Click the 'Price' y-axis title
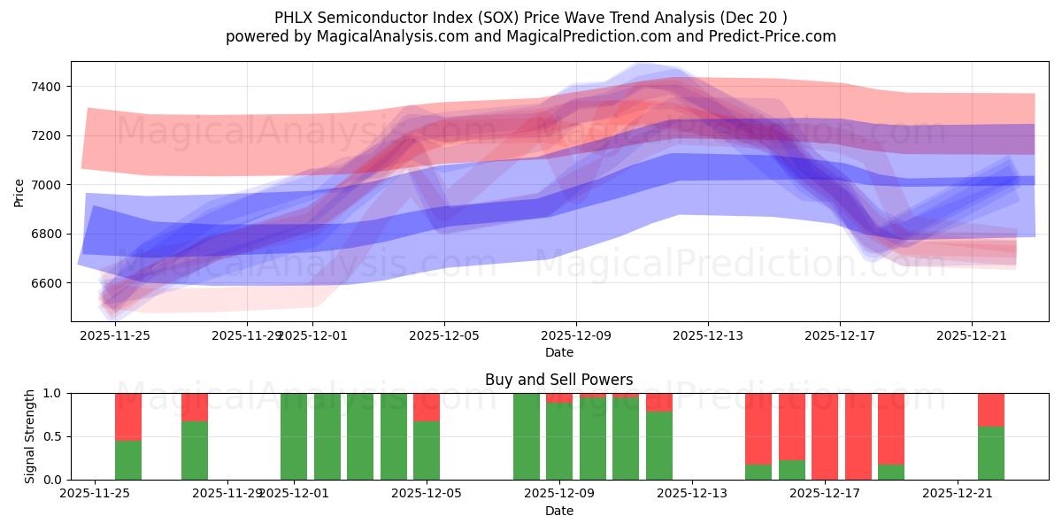click(19, 191)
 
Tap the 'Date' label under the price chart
click(558, 352)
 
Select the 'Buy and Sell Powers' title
click(558, 380)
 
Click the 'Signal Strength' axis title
click(30, 436)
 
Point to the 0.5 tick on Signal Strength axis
click(51, 436)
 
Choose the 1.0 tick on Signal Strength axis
click(51, 393)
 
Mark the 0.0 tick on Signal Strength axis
click(51, 480)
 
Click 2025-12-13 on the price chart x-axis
click(707, 335)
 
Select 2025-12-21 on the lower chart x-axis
click(958, 493)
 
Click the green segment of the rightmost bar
click(990, 453)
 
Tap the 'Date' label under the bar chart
click(558, 511)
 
